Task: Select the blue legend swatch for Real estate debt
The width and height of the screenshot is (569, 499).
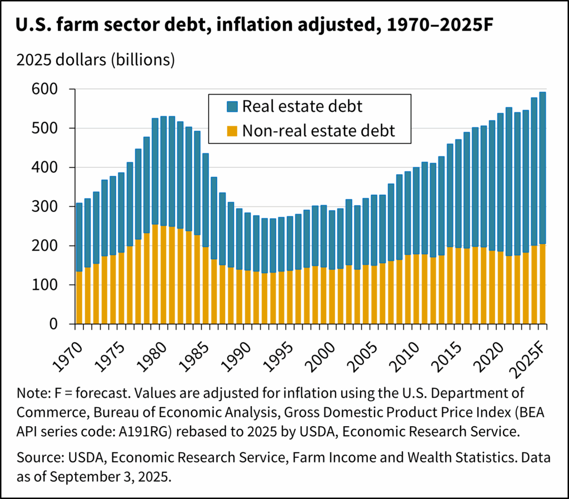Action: [x=217, y=106]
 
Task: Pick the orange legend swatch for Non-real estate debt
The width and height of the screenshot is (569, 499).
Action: [x=217, y=131]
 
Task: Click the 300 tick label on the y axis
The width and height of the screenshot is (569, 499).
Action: [x=53, y=207]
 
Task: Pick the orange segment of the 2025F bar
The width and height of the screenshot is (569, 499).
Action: [x=542, y=284]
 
